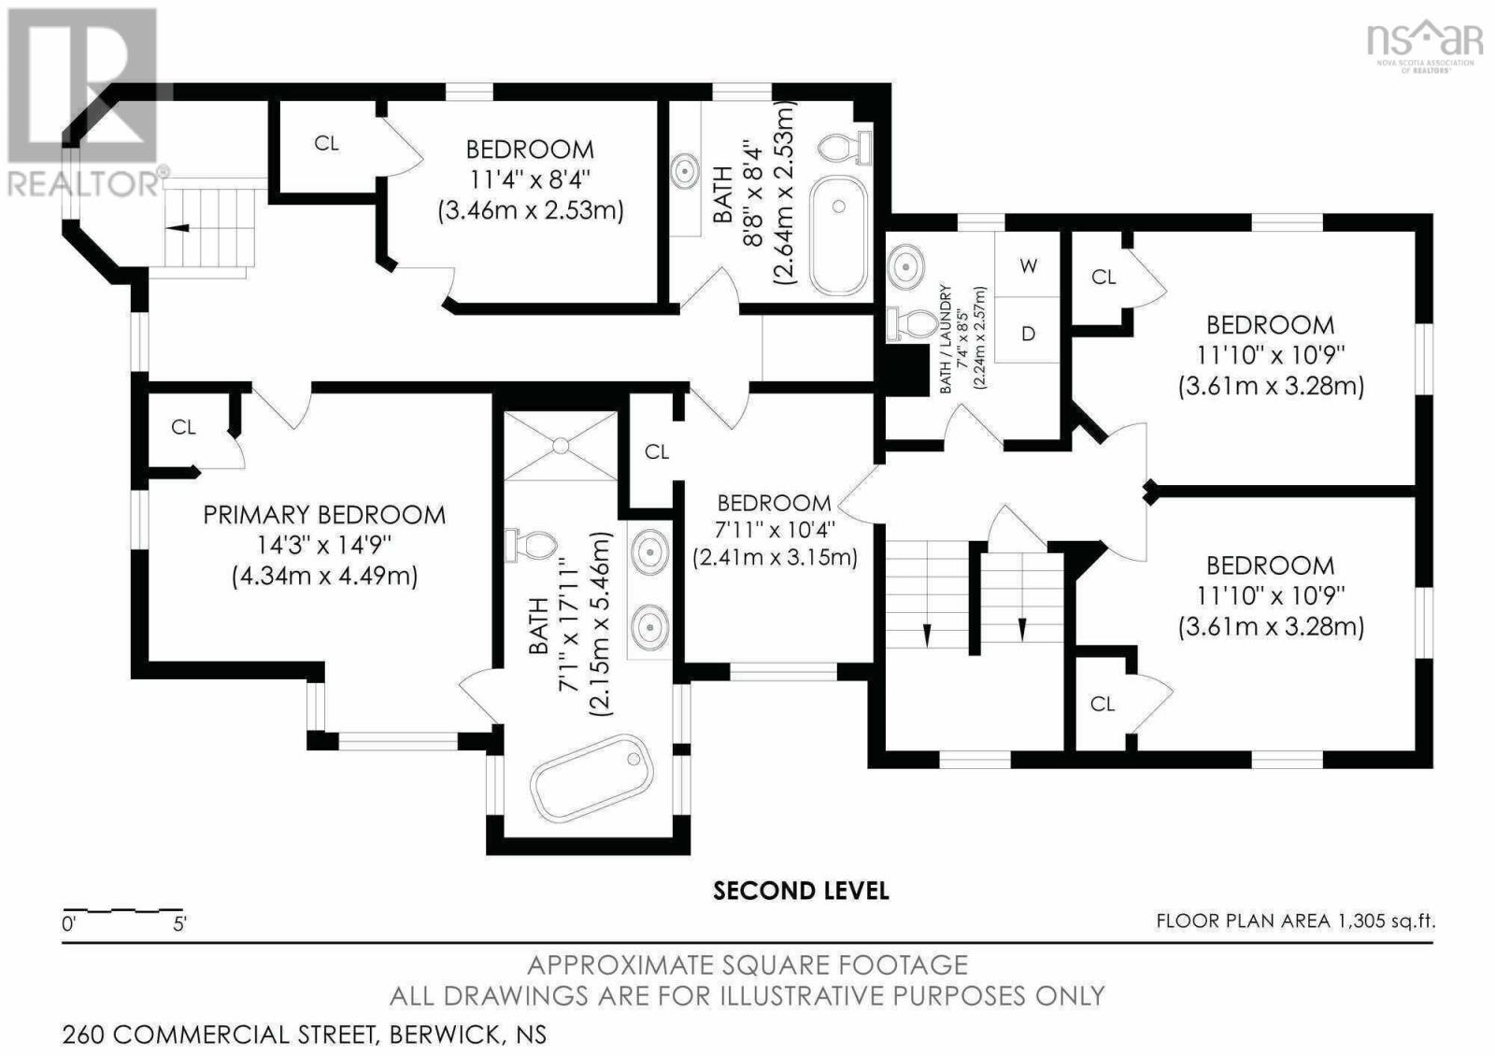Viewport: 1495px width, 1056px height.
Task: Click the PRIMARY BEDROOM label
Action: coord(324,515)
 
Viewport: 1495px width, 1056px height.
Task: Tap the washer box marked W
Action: coord(1027,264)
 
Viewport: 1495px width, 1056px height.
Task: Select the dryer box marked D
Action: coord(1027,331)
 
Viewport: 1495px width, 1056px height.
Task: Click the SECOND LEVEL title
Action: coord(800,891)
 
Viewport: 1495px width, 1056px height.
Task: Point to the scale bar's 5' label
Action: coord(178,924)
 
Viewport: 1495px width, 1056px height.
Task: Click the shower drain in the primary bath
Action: coord(560,445)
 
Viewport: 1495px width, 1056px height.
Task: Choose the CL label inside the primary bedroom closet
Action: coord(183,427)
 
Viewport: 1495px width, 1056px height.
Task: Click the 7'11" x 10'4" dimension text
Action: coord(775,530)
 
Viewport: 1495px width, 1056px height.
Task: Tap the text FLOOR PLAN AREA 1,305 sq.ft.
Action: coord(1295,921)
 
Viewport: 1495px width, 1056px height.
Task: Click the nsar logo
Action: coord(1421,46)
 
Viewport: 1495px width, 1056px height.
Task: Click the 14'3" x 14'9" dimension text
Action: coord(324,546)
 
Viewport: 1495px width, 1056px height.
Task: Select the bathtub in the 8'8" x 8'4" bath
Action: coord(839,235)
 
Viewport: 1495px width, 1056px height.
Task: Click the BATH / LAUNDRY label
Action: coord(945,338)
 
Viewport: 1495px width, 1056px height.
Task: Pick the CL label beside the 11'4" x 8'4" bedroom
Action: coord(326,143)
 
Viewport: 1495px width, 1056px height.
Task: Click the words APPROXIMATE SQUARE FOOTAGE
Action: coord(747,965)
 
